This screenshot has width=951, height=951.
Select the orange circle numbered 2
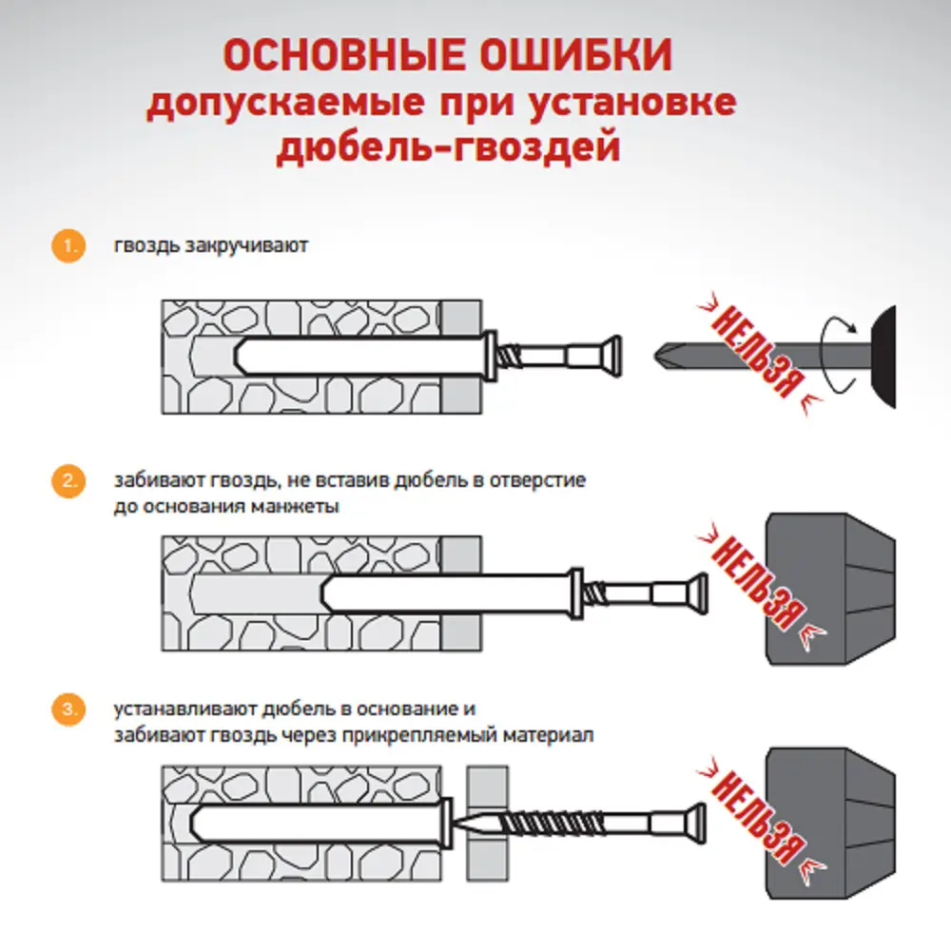(x=66, y=480)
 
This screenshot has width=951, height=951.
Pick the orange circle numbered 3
(x=66, y=709)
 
